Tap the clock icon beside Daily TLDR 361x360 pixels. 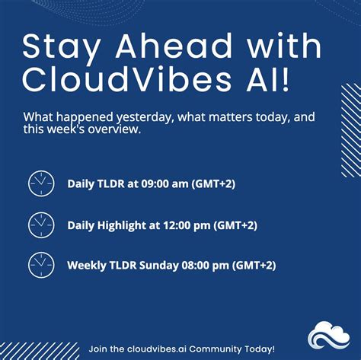pyautogui.click(x=42, y=183)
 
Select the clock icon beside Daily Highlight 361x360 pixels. pyautogui.click(x=42, y=225)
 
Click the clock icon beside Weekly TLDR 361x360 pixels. pyautogui.click(x=42, y=265)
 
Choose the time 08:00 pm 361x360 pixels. pyautogui.click(x=205, y=265)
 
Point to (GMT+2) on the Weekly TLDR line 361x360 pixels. pyautogui.click(x=254, y=265)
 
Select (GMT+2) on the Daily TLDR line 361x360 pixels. pyautogui.click(x=213, y=183)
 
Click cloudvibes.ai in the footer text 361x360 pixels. pyautogui.click(x=152, y=349)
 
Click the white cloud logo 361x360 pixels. pyautogui.click(x=329, y=336)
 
